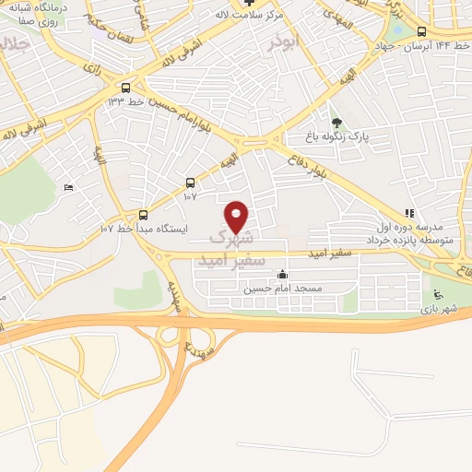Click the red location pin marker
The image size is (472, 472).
pos(237,217)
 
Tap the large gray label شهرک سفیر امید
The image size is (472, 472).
pos(231,248)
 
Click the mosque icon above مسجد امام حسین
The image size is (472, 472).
pos(282,274)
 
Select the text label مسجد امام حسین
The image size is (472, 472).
pos(281,289)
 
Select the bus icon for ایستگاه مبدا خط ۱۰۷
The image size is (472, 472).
pos(143,215)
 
